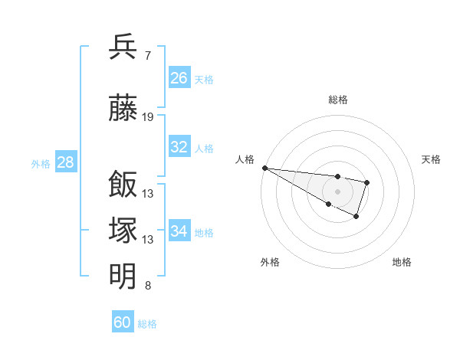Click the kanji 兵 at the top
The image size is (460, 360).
point(123,47)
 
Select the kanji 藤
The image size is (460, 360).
point(123,108)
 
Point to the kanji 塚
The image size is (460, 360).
point(123,231)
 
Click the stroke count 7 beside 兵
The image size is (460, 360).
point(147,55)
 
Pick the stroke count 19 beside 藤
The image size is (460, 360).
point(148,117)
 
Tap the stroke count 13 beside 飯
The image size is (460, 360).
point(148,193)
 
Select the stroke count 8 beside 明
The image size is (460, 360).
point(147,286)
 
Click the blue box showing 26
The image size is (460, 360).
point(179,77)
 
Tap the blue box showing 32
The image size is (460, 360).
point(179,147)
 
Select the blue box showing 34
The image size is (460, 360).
point(179,231)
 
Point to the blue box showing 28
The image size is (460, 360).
point(65,162)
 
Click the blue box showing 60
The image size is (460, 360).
point(123,322)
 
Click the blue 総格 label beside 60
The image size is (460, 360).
point(147,324)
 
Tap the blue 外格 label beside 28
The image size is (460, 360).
point(41,164)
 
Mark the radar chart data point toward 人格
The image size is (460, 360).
point(264,168)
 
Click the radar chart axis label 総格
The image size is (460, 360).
point(337,100)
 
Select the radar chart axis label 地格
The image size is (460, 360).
point(402,263)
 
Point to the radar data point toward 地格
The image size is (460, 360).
point(356,217)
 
